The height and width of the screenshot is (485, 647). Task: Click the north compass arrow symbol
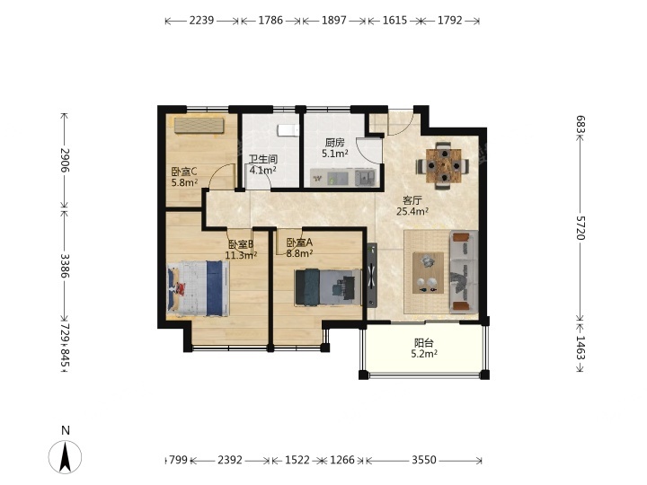click(x=66, y=456)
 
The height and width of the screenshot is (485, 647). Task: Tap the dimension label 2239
click(x=201, y=20)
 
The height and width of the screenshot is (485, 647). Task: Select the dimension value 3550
click(x=424, y=460)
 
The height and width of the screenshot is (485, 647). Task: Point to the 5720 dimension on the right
click(x=581, y=227)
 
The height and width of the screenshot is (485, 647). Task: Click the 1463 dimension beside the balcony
click(x=581, y=348)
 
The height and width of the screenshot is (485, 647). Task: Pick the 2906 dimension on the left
click(x=65, y=160)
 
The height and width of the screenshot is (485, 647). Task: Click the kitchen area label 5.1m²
click(x=334, y=154)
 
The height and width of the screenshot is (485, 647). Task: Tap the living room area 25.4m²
click(x=412, y=212)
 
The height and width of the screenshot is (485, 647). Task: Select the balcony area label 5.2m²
click(x=424, y=354)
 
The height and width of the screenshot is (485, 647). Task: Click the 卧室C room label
click(x=184, y=172)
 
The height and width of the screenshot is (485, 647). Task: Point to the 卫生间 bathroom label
click(x=262, y=159)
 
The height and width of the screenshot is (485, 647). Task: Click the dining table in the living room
click(x=443, y=166)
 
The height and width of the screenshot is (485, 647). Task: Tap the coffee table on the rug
click(x=428, y=273)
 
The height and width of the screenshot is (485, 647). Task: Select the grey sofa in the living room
click(x=464, y=272)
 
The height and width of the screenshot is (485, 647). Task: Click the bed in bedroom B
click(x=198, y=288)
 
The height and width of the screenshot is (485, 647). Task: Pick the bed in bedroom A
click(x=328, y=287)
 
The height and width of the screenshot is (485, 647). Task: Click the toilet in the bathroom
click(x=288, y=130)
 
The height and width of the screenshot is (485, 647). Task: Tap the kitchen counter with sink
click(x=343, y=178)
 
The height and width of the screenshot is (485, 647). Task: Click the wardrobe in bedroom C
click(x=199, y=126)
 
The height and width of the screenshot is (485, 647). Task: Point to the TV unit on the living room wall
click(x=372, y=275)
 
